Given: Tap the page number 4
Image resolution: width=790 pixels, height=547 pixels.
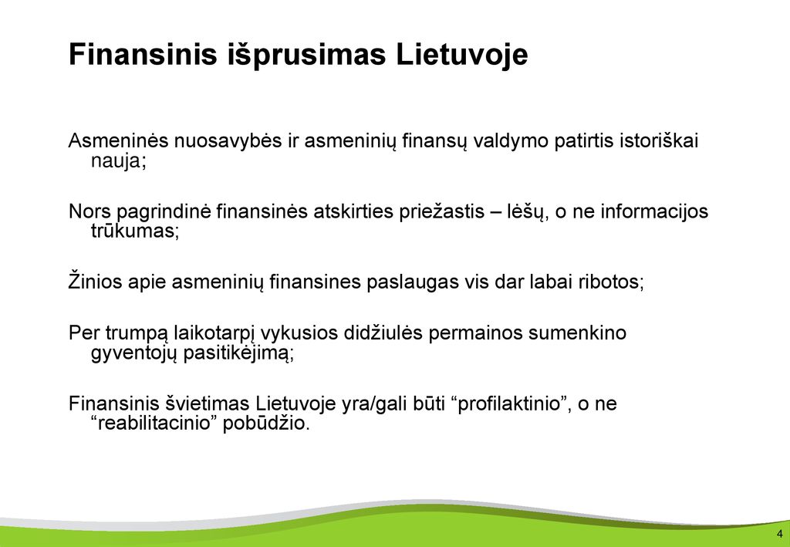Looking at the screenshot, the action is click(x=780, y=534).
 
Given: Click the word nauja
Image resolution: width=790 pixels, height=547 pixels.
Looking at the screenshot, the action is click(x=118, y=162).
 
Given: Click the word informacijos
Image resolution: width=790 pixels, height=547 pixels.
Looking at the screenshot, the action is click(x=655, y=211).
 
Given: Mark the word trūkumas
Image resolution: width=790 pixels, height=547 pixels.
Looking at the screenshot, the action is click(x=135, y=231).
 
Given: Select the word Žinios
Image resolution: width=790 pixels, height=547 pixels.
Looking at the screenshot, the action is click(x=95, y=282).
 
